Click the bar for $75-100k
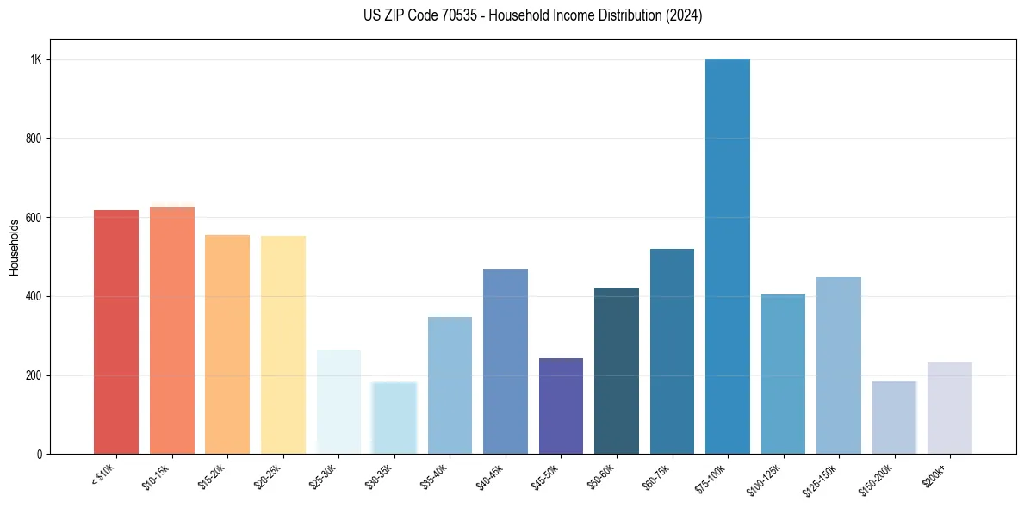click(727, 257)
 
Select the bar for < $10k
click(116, 332)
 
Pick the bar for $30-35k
click(394, 418)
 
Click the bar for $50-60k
click(617, 371)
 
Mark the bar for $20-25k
click(283, 345)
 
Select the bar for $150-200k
click(894, 418)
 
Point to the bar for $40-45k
click(506, 362)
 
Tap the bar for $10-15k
click(172, 331)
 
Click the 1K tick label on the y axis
click(35, 60)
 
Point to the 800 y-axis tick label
click(34, 139)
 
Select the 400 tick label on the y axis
click(34, 297)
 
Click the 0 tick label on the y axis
click(40, 455)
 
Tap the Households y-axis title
click(14, 247)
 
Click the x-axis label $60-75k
click(659, 477)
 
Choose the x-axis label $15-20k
click(214, 477)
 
